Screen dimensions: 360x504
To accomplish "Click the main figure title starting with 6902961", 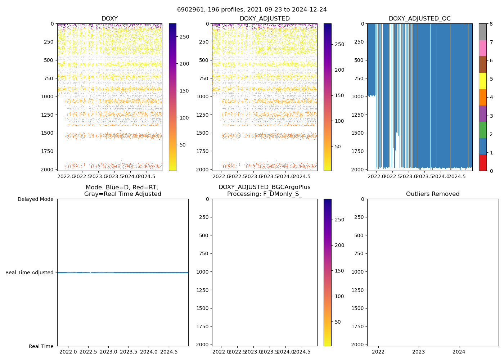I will [252, 10].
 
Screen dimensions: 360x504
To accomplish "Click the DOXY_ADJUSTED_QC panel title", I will [419, 19].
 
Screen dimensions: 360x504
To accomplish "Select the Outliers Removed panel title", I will [433, 194].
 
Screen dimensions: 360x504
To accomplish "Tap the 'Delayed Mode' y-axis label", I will [35, 199].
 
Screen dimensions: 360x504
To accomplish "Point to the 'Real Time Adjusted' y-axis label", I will [30, 273].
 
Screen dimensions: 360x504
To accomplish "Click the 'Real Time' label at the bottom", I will [41, 346].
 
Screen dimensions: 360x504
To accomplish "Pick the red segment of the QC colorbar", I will [483, 162].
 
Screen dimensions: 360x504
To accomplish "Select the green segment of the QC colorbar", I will [483, 130].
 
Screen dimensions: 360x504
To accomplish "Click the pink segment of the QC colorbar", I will [483, 48].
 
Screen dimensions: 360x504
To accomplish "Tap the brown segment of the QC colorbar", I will [483, 64].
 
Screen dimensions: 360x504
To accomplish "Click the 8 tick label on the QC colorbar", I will [491, 24].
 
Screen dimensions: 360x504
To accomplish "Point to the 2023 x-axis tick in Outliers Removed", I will [418, 352].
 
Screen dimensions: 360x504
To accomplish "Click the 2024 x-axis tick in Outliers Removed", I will [459, 352].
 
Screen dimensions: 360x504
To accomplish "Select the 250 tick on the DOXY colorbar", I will [184, 37].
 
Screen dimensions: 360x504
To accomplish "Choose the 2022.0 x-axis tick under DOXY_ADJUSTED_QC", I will [376, 176].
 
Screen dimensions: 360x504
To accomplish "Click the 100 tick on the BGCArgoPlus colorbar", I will [339, 296].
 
